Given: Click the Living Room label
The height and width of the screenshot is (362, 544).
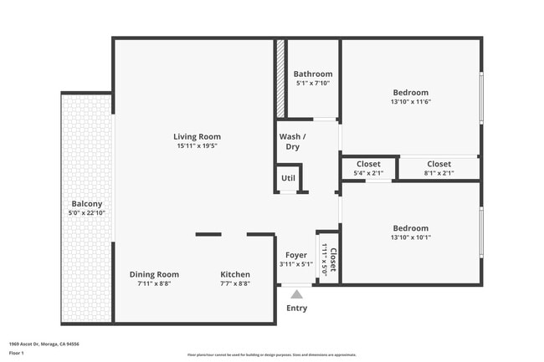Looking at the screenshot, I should (x=198, y=136).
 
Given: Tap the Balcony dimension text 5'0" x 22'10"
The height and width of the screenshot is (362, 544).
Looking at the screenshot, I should (x=87, y=212).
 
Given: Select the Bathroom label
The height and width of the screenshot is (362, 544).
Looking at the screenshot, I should (x=313, y=74).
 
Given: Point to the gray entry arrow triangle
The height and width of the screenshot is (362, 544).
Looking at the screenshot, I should (x=296, y=293).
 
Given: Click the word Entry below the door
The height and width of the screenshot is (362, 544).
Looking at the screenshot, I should (x=296, y=308).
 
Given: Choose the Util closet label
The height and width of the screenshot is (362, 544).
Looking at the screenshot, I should (x=288, y=177).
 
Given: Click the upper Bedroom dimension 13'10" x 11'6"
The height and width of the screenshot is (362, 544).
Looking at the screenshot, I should (x=410, y=102).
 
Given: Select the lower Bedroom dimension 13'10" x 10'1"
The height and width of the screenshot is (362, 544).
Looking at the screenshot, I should (x=410, y=237).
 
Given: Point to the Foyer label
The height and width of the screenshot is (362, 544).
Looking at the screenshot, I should (x=296, y=255).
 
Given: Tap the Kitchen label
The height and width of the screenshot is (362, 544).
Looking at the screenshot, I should (x=235, y=274).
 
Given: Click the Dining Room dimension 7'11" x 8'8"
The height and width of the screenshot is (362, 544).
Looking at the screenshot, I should (x=154, y=283).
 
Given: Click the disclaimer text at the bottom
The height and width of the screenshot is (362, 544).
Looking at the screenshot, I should (x=272, y=354).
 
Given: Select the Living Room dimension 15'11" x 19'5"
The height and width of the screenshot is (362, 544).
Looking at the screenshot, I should (x=198, y=145).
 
